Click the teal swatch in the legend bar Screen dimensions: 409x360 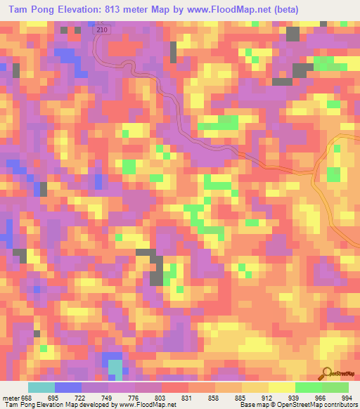pos(41,387)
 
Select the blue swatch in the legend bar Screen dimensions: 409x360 pos(68,387)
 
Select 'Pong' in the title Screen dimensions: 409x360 pos(40,10)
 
